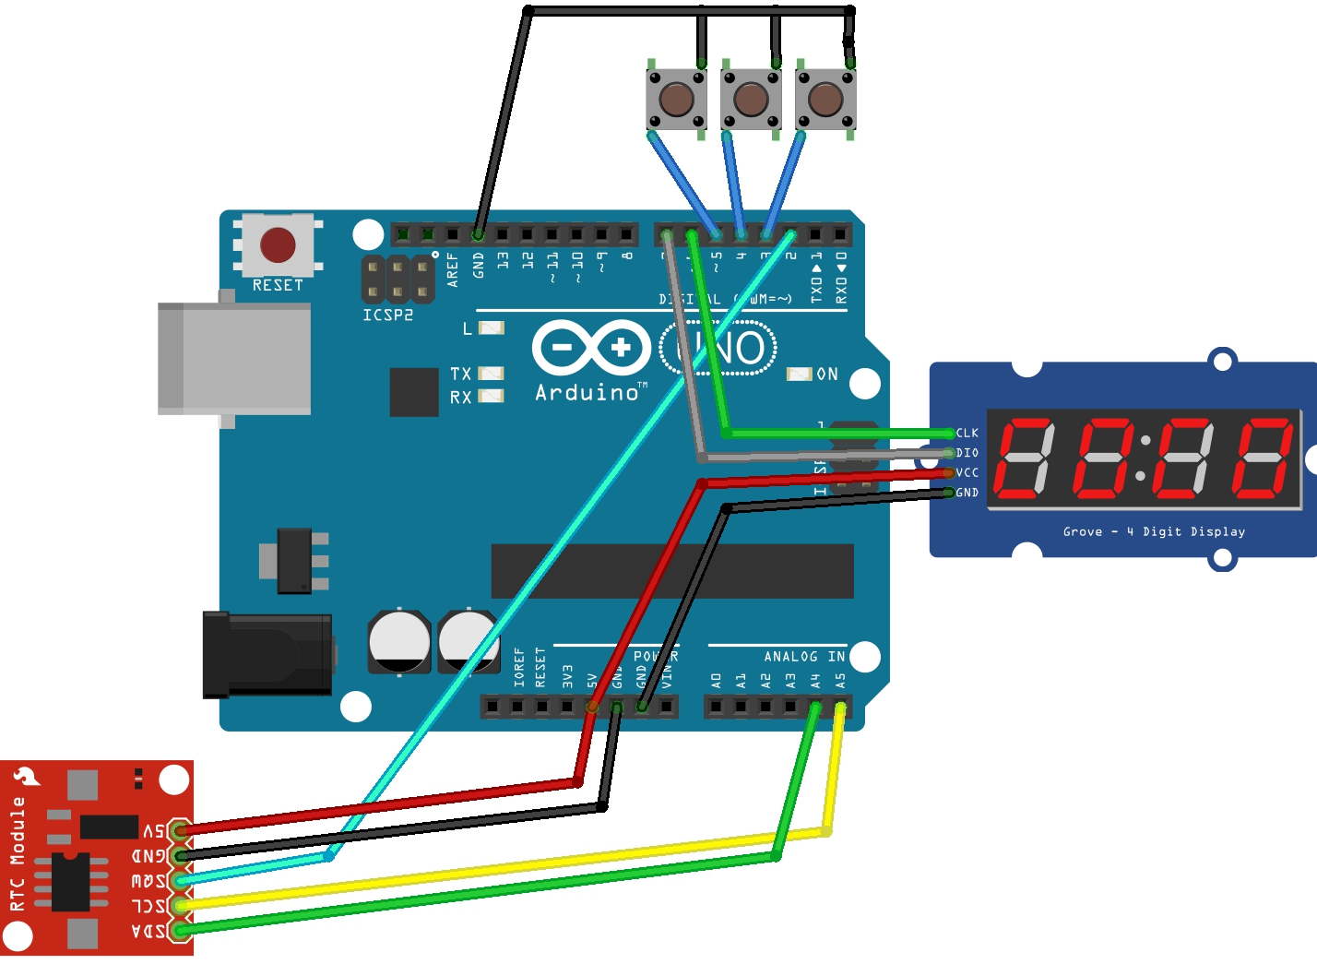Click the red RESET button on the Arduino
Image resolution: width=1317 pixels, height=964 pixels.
(x=278, y=245)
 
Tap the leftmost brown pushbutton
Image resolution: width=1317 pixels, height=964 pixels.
(x=677, y=99)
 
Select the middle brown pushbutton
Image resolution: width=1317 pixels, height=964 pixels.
(x=751, y=99)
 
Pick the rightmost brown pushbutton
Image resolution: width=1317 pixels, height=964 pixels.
(x=825, y=99)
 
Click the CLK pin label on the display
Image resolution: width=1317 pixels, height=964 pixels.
(x=967, y=433)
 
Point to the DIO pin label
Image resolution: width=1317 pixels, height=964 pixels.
(x=967, y=453)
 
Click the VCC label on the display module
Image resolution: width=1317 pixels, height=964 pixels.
(x=967, y=472)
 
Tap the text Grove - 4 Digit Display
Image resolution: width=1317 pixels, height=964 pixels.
(x=1154, y=532)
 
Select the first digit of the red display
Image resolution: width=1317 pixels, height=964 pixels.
(x=1026, y=458)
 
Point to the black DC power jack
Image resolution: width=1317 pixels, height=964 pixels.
(x=267, y=654)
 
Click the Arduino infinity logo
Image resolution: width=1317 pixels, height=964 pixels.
(x=591, y=348)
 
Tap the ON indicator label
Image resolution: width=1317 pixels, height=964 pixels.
(x=827, y=374)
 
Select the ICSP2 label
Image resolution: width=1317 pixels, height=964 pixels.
(x=387, y=315)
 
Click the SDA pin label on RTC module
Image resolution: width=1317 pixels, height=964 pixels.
(x=148, y=931)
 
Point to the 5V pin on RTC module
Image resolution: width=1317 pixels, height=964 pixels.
(x=154, y=830)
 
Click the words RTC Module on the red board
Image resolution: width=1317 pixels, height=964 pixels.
(x=17, y=853)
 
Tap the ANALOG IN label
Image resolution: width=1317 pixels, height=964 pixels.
(x=803, y=657)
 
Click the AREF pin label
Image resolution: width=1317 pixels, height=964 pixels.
(x=453, y=269)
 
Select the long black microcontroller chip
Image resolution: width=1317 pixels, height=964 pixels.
(x=671, y=571)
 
